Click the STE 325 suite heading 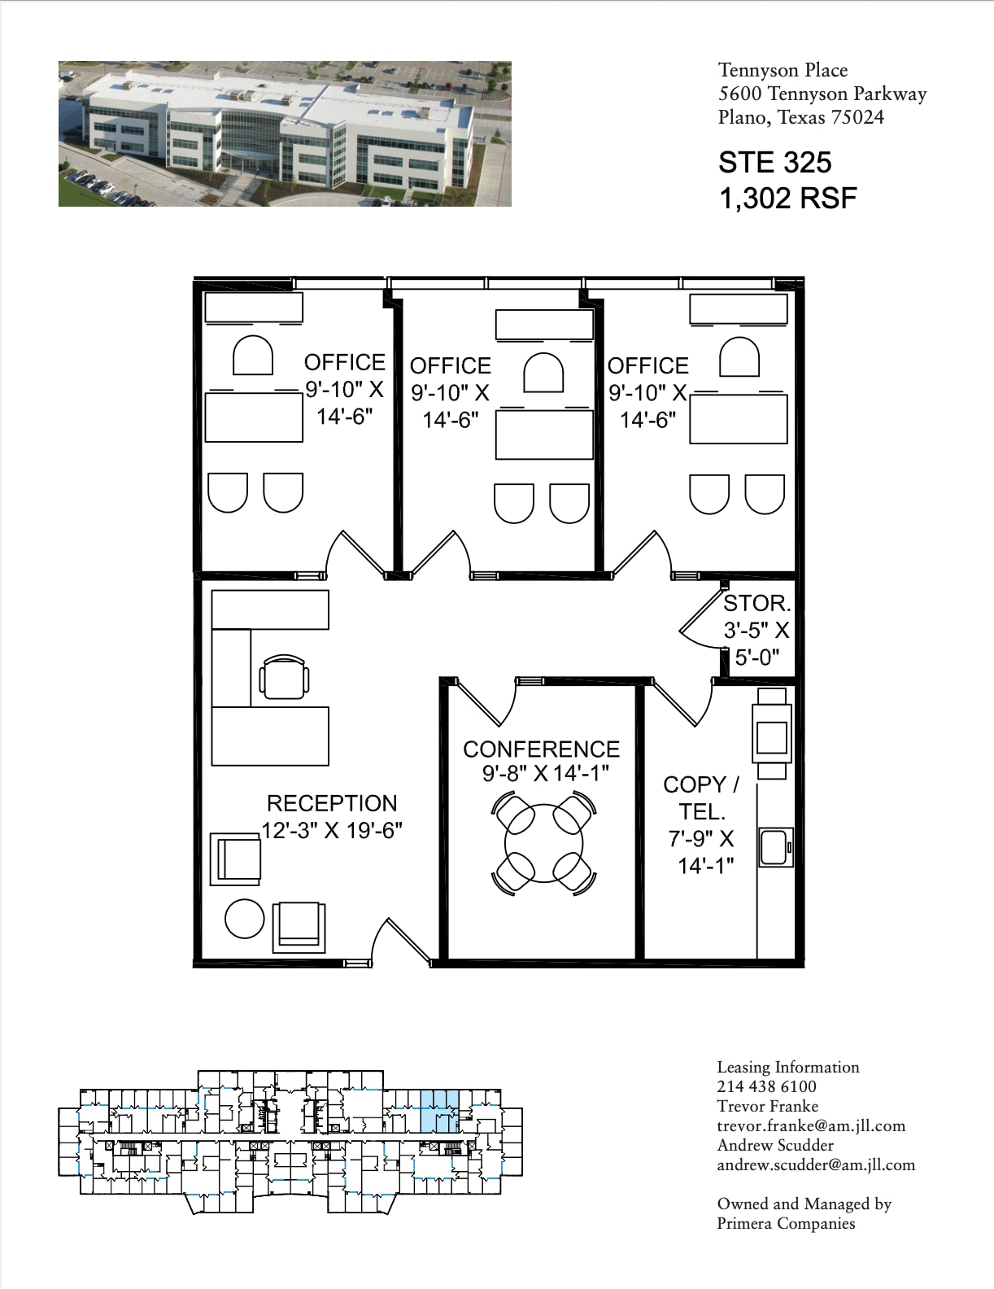click(x=774, y=163)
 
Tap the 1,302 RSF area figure click(x=787, y=198)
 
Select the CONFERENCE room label click(x=541, y=749)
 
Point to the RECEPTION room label click(x=332, y=803)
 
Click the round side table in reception click(x=244, y=919)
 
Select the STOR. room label click(x=756, y=603)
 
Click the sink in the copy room click(x=775, y=847)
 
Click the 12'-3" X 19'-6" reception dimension click(x=332, y=831)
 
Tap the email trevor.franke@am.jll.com click(x=810, y=1126)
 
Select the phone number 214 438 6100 click(x=766, y=1086)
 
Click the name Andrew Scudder click(x=775, y=1146)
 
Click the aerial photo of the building click(x=285, y=133)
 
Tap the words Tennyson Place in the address click(x=783, y=71)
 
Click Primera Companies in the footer click(x=785, y=1223)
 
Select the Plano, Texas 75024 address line click(x=800, y=117)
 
